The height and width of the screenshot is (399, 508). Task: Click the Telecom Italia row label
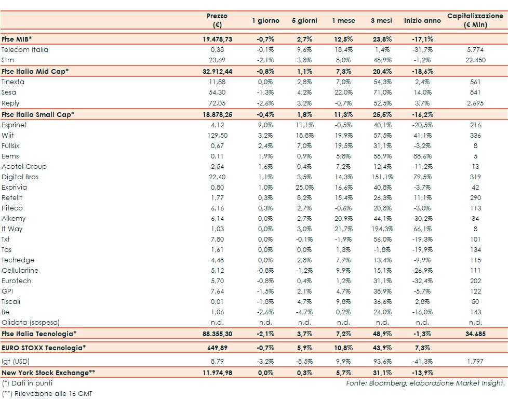coord(25,50)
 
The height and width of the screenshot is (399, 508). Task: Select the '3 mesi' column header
coord(381,21)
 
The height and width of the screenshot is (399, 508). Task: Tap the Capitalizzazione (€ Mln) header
coord(475,21)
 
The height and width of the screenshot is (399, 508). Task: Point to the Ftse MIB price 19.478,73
coord(217,39)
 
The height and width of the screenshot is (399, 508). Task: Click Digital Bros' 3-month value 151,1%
coord(381,177)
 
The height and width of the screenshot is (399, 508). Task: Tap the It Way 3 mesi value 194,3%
coord(381,229)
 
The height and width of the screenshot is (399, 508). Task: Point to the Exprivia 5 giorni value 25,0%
coord(304,188)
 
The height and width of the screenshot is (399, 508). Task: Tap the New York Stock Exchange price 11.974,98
coord(217,373)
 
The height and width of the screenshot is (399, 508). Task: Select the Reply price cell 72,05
coord(217,103)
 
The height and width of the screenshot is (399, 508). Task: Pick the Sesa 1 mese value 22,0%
coord(342,92)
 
